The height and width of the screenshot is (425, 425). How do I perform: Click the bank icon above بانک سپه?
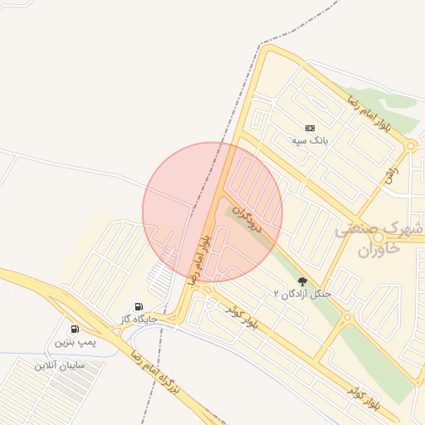coord(310,128)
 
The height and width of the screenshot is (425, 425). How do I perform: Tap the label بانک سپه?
coord(310,140)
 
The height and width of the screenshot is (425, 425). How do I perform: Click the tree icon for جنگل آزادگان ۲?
coord(302,281)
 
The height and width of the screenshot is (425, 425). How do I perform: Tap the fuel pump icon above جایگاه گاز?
coord(138,306)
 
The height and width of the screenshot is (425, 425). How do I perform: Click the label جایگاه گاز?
coord(138,319)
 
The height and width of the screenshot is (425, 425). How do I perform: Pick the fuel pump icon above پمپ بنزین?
coord(75,330)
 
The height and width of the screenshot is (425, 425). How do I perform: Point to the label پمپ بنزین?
coord(75,342)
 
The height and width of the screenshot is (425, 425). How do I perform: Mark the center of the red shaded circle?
coord(212,212)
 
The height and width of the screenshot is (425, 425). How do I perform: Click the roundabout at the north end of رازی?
coord(410,147)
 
